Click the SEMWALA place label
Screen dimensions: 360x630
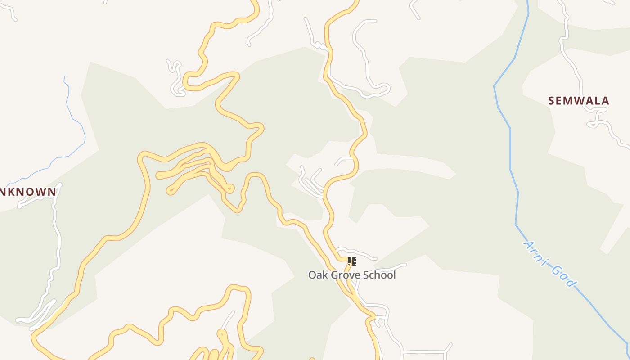[579, 101]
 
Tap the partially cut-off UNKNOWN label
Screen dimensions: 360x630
[28, 192]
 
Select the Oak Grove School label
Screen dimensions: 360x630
[352, 275]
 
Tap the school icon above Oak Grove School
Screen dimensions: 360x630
[352, 261]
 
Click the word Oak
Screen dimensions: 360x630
[317, 275]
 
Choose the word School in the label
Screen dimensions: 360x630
[381, 275]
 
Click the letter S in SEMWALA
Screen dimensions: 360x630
[552, 101]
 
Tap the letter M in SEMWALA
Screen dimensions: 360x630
[570, 101]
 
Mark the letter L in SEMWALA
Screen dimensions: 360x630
[597, 101]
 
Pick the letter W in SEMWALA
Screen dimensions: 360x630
[580, 101]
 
